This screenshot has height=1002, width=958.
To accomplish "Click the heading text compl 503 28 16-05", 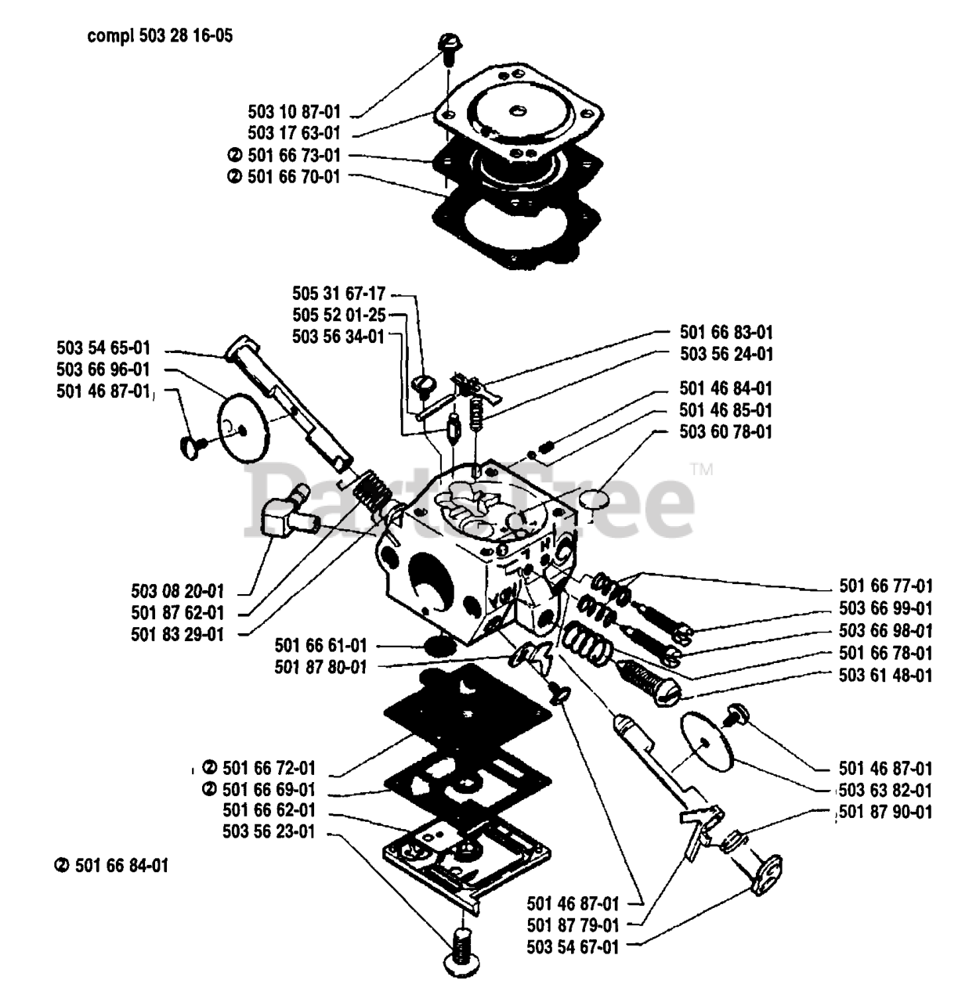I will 159,36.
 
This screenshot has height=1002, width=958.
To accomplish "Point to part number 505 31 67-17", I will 338,294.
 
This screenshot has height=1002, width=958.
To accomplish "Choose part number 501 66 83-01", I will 726,333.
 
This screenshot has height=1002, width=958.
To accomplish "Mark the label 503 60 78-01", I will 726,431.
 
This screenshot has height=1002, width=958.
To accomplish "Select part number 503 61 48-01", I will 885,674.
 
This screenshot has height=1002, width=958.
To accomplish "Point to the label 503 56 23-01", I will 269,832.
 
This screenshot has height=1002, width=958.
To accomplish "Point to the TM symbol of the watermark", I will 701,470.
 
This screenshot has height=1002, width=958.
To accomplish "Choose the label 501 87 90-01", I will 885,812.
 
